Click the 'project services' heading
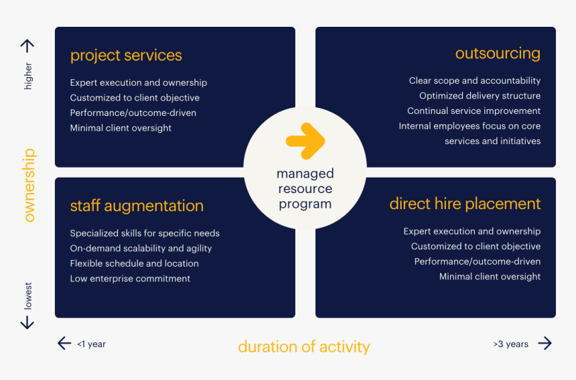pyautogui.click(x=126, y=56)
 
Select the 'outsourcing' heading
pyautogui.click(x=498, y=54)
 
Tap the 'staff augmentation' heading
pyautogui.click(x=137, y=206)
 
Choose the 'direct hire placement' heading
pyautogui.click(x=465, y=204)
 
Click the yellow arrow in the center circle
pyautogui.click(x=305, y=141)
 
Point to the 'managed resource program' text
pyautogui.click(x=305, y=189)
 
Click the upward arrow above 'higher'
pyautogui.click(x=27, y=46)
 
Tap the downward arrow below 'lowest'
pyautogui.click(x=27, y=322)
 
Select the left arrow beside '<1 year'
pyautogui.click(x=64, y=344)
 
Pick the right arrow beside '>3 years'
pyautogui.click(x=545, y=344)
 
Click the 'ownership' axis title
pyautogui.click(x=29, y=186)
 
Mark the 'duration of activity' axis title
pyautogui.click(x=303, y=346)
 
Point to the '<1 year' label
pyautogui.click(x=92, y=344)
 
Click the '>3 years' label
pyautogui.click(x=511, y=344)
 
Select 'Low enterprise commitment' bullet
pyautogui.click(x=130, y=279)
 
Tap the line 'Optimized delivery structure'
pyautogui.click(x=480, y=96)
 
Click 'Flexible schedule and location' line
pyautogui.click(x=134, y=263)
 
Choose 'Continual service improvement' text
pyautogui.click(x=474, y=111)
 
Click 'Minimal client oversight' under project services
pyautogui.click(x=121, y=128)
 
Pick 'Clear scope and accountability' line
pyautogui.click(x=474, y=81)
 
